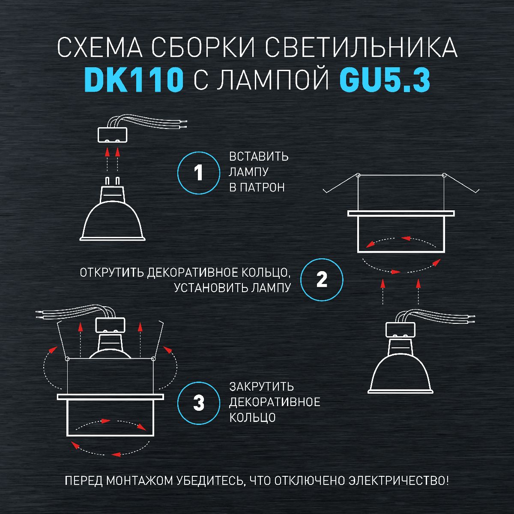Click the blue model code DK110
(134, 80)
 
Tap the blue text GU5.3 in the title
(384, 80)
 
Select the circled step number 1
(199, 173)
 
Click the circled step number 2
(322, 280)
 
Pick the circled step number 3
(199, 403)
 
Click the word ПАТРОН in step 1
(262, 188)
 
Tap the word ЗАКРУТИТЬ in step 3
(261, 387)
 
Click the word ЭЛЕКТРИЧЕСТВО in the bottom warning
(399, 481)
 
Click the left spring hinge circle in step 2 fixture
(358, 175)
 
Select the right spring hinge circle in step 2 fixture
(444, 175)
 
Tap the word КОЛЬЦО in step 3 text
(252, 418)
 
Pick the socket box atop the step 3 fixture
(110, 326)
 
